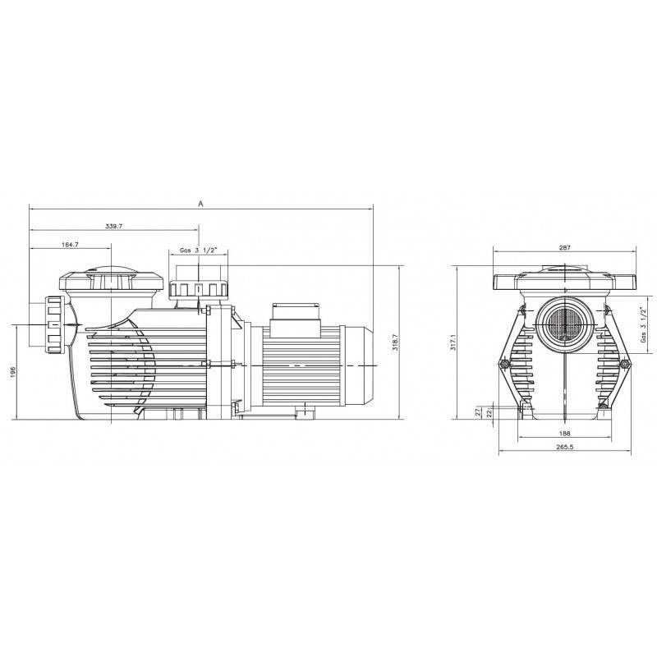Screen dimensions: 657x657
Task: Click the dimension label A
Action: [x=200, y=204]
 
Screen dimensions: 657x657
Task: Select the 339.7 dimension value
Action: [x=113, y=227]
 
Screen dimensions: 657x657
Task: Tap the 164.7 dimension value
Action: [x=70, y=245]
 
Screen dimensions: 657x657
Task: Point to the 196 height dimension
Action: [x=12, y=372]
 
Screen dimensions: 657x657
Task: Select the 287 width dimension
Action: [x=564, y=248]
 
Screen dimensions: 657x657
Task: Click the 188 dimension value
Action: [x=564, y=434]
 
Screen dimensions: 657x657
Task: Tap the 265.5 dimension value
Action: [x=564, y=447]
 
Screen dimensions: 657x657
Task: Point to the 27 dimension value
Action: [x=479, y=412]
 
